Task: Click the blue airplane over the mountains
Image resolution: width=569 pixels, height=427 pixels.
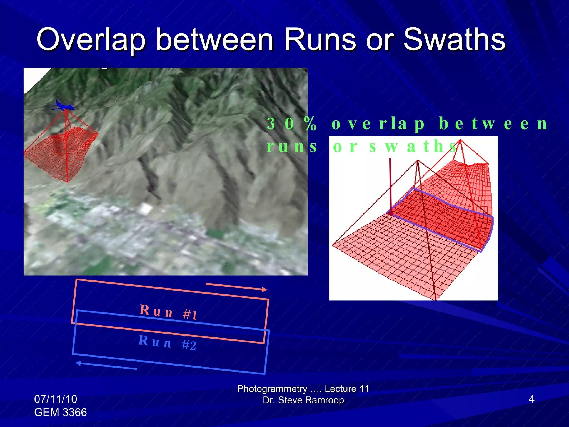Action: [64, 106]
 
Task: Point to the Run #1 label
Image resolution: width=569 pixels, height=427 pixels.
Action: [168, 312]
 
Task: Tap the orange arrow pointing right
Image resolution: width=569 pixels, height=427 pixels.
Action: [236, 287]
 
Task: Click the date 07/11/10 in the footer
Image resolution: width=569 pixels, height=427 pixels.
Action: [56, 399]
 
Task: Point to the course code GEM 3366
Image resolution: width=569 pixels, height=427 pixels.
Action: [61, 412]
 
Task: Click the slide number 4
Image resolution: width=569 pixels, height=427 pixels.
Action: [531, 399]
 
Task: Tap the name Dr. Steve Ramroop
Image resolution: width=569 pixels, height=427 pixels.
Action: [303, 400]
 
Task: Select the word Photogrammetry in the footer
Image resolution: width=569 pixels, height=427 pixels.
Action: [272, 389]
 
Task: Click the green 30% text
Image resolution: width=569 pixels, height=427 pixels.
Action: [291, 123]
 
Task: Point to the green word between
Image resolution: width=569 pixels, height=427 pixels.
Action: [493, 123]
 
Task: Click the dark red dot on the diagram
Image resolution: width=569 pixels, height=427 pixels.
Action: [391, 213]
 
